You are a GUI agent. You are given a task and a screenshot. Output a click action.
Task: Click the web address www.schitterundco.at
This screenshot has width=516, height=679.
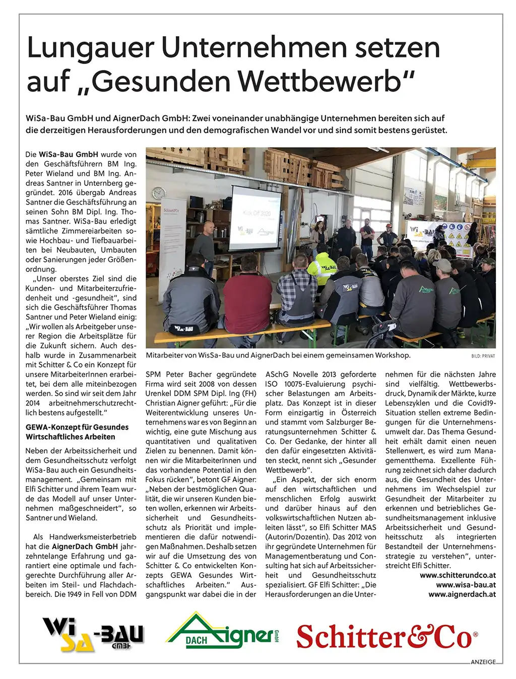(x=458, y=575)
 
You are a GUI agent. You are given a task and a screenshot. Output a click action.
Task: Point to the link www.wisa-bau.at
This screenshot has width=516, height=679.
(x=466, y=585)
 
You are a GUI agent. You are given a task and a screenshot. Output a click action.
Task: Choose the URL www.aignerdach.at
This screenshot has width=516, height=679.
(x=462, y=594)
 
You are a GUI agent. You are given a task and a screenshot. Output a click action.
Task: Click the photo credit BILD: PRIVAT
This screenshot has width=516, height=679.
(x=483, y=356)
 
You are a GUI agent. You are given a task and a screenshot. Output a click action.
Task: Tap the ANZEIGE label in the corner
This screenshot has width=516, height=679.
(x=483, y=662)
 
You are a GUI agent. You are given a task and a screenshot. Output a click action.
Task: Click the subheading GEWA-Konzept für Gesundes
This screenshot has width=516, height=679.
(x=77, y=427)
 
